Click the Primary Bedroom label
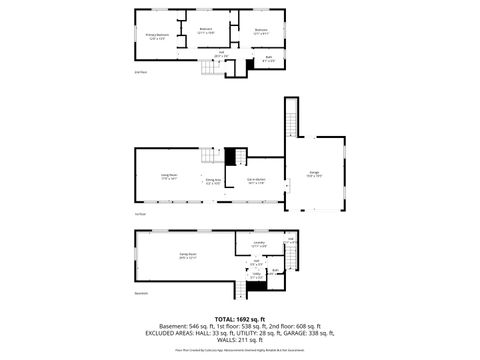coord(157,36)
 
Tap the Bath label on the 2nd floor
coord(267,59)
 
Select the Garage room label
coord(314,174)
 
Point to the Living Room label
coord(169,176)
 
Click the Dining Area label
coord(213,181)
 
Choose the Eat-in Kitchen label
coord(256,181)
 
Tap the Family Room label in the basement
coord(186,255)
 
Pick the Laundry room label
coord(258,244)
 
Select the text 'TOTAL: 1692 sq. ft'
coord(240,318)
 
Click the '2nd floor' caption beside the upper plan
coord(140,72)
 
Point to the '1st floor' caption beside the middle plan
coord(140,214)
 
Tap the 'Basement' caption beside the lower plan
coord(142,293)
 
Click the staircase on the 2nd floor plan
coord(211,67)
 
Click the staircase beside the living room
coord(211,156)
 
